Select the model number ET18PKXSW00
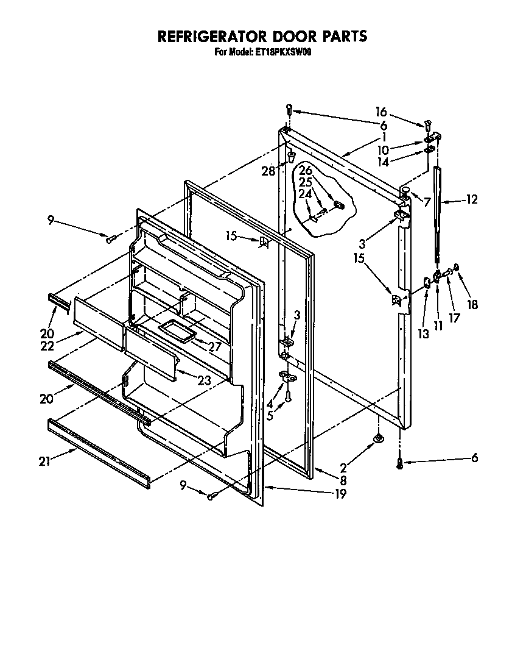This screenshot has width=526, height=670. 282,52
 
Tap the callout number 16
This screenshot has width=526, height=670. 381,112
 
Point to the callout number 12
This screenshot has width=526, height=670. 472,199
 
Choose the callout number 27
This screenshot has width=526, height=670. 212,347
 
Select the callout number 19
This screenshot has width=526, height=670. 340,494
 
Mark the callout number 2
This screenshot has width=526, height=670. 343,468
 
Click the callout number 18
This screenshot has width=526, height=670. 472,305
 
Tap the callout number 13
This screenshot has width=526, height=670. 424,333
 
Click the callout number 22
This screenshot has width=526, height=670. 47,346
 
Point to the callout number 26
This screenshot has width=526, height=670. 305,171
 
